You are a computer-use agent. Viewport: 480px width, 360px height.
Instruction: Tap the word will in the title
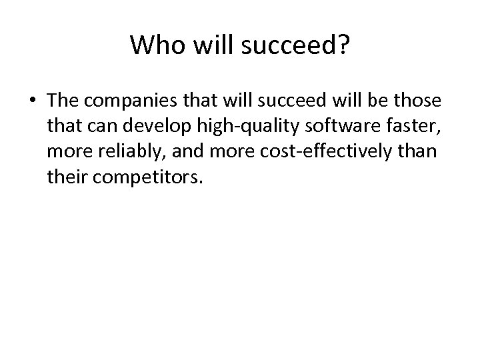coord(203,45)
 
